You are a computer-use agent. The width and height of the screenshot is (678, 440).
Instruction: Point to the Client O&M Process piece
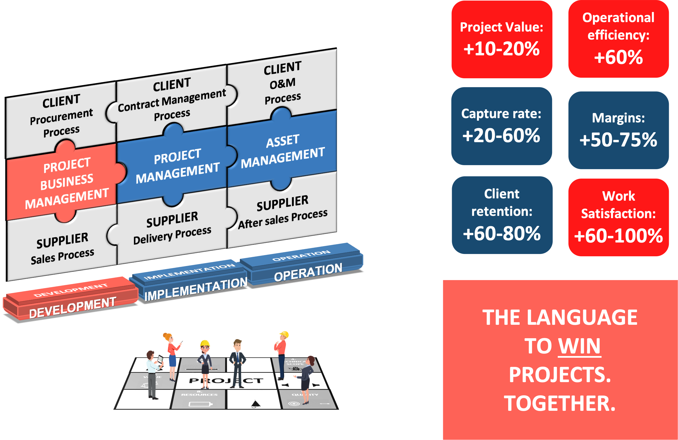282,83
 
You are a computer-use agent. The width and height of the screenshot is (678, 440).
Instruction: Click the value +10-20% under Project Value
502,49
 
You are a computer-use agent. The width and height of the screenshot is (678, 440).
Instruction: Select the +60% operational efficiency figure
618,57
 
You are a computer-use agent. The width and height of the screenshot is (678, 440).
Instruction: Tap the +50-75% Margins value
618,140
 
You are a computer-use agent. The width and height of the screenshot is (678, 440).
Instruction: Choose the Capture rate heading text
501,114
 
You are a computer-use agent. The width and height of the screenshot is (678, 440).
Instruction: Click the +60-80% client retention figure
502,233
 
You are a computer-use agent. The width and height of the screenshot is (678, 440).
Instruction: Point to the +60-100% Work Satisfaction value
618,236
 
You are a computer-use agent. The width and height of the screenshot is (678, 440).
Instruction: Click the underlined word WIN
579,346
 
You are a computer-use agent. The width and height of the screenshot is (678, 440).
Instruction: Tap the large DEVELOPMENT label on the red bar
73,308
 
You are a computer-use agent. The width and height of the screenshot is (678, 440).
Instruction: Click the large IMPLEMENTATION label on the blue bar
196,289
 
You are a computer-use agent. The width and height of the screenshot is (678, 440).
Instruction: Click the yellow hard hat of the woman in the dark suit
205,343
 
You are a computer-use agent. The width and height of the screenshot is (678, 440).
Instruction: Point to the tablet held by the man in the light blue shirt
160,359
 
